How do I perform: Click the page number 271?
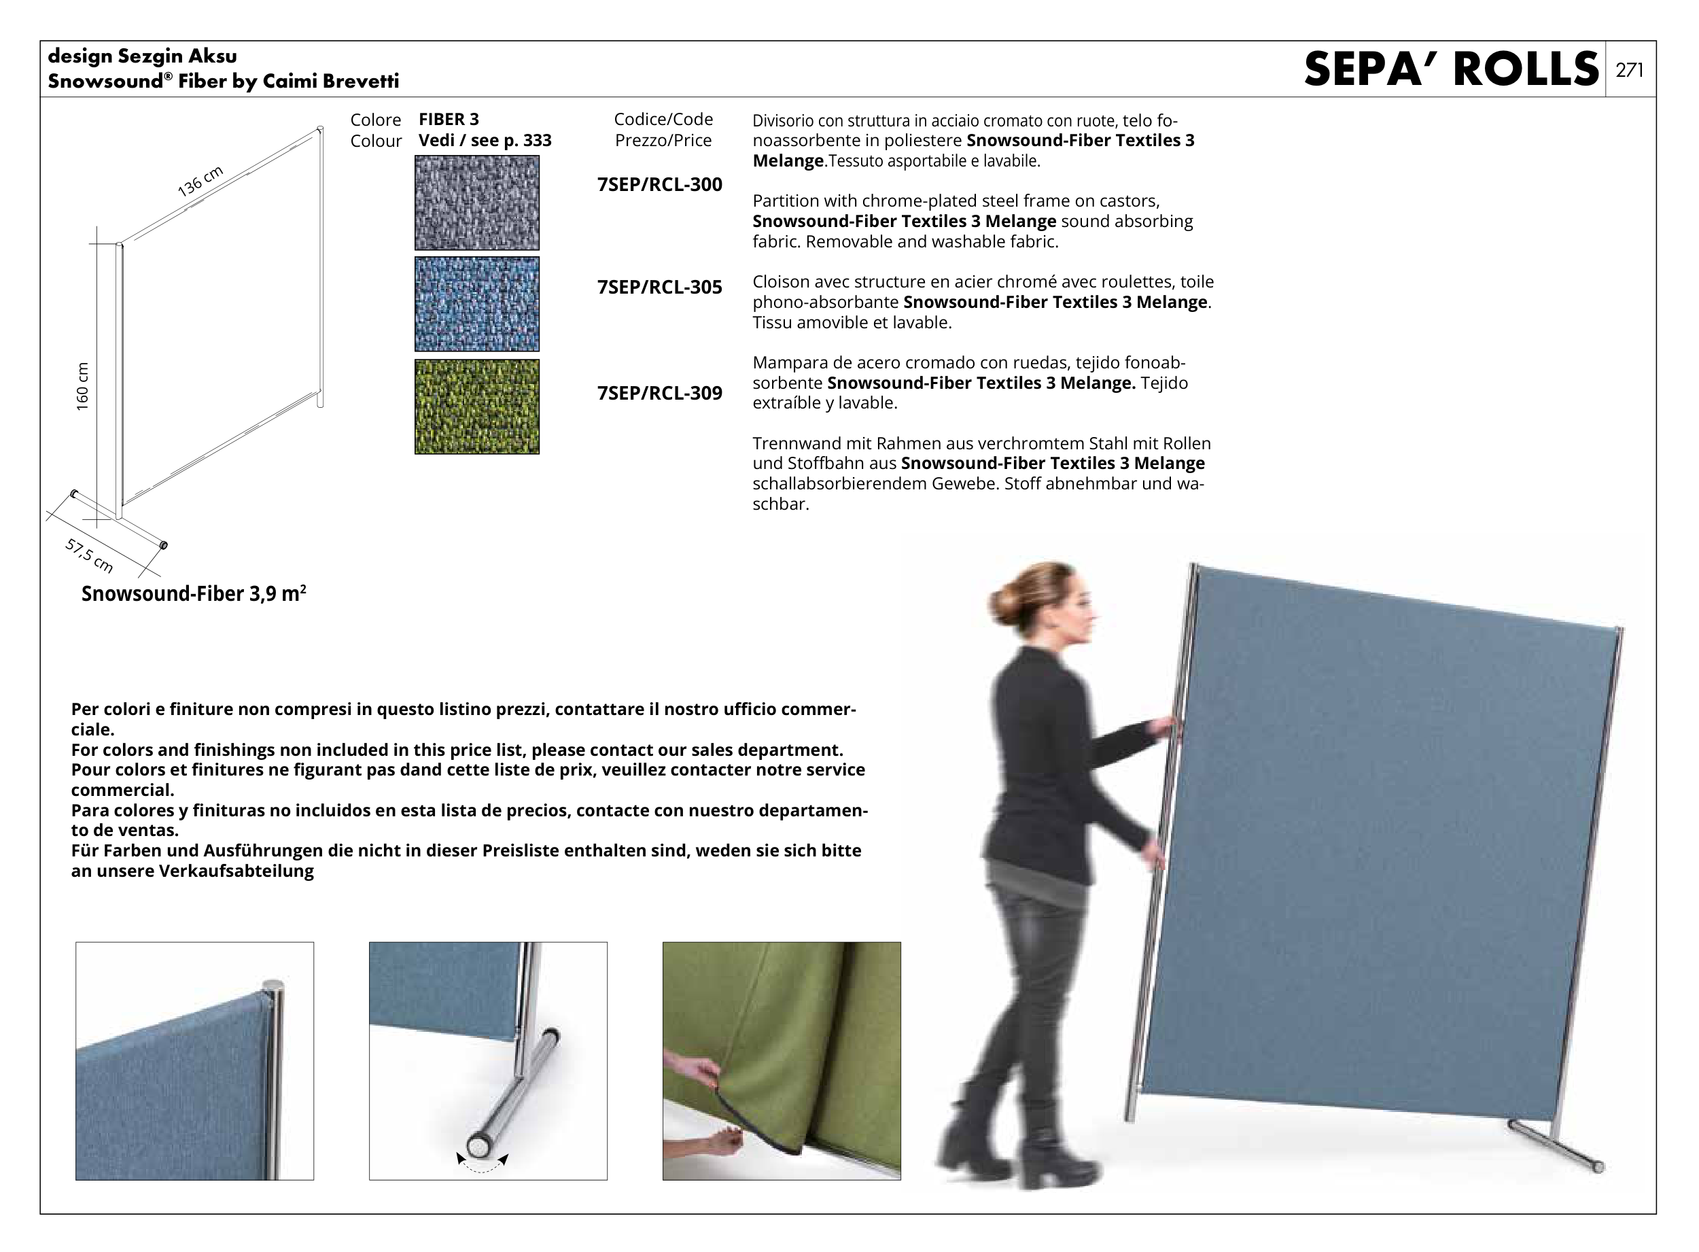tap(1629, 70)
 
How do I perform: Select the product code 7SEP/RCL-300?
tap(659, 184)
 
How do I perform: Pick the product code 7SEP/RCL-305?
tap(659, 288)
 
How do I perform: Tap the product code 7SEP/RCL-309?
tap(659, 393)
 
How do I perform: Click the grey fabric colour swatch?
tap(476, 203)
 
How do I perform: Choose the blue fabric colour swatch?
tap(476, 304)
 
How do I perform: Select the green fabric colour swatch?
tap(476, 407)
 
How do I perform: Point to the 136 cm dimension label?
tap(200, 181)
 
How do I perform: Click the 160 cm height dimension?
tap(83, 387)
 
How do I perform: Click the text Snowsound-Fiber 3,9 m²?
tap(194, 593)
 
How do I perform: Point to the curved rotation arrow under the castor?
tap(482, 1165)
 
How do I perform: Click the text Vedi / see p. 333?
tap(485, 140)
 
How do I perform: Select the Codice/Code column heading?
tap(663, 119)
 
